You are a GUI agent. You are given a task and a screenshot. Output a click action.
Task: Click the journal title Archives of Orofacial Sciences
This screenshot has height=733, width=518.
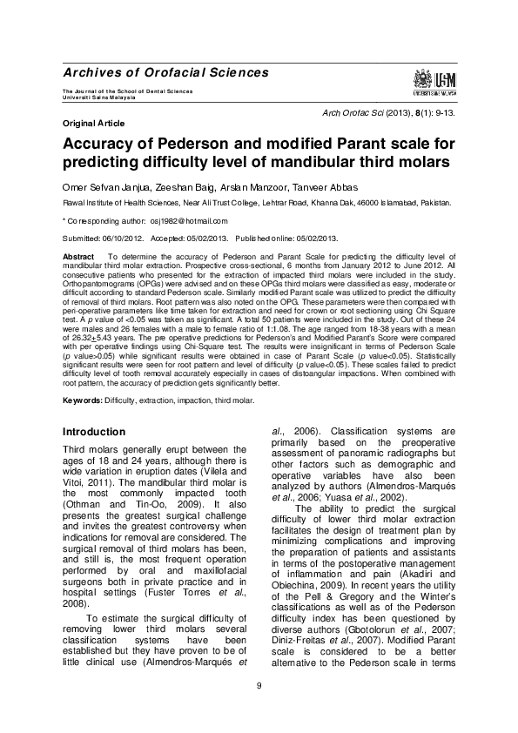[166, 72]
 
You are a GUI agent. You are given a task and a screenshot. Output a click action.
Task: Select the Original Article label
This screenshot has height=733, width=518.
[91, 124]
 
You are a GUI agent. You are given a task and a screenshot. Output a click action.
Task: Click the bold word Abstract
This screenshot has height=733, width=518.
[78, 258]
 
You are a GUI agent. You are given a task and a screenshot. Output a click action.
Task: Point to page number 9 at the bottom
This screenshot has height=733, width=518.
[259, 687]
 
